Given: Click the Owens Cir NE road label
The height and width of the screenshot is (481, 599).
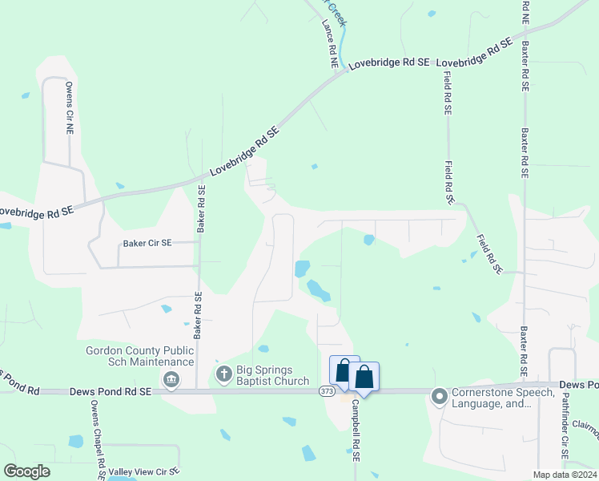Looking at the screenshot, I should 70,107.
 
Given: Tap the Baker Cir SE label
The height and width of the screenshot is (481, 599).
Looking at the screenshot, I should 147,243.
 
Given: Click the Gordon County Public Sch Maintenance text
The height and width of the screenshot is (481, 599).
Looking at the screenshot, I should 140,356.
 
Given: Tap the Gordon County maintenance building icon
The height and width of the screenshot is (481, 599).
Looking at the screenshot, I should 170,379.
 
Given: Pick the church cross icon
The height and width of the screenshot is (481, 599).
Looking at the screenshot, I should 223,374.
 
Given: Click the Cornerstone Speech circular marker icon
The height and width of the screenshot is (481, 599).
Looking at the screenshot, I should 439,396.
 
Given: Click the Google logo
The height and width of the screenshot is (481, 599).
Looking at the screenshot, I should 26,471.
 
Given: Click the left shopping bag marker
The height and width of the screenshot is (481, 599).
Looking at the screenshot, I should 344,371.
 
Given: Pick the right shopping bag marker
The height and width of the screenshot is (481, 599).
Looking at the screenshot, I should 364,377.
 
